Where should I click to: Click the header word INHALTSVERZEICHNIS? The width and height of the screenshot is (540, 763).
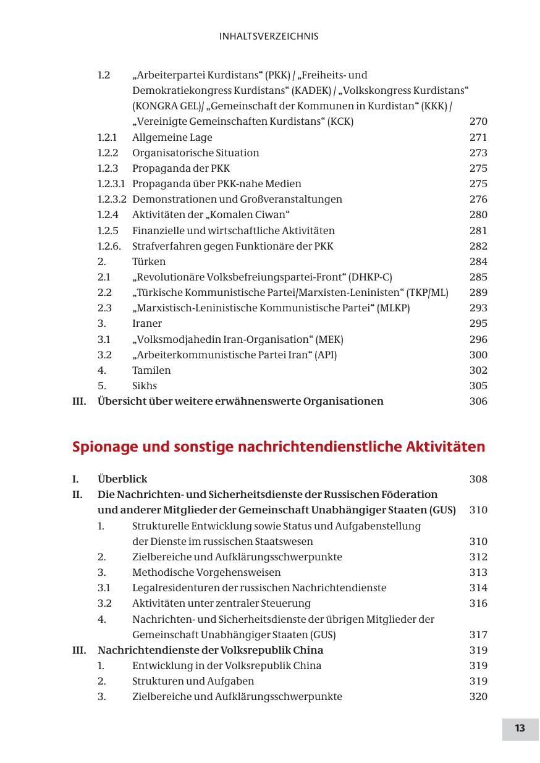(x=269, y=36)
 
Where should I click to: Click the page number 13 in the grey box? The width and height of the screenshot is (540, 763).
(x=520, y=728)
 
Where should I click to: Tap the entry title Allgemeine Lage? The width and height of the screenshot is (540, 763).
(x=172, y=137)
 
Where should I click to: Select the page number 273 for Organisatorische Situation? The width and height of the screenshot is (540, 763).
(x=478, y=153)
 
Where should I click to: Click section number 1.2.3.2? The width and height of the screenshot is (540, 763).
(x=111, y=199)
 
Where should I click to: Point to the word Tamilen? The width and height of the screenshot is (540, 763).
(x=151, y=370)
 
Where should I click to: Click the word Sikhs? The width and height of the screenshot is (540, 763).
(x=145, y=386)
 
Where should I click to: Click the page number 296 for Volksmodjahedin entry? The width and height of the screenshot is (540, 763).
(x=478, y=339)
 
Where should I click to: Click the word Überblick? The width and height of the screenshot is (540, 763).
(x=122, y=479)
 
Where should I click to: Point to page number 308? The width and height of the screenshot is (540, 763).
(x=478, y=479)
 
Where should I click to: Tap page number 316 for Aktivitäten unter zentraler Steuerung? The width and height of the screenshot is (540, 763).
(x=478, y=603)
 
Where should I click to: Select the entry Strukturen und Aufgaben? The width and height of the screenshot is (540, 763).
(x=193, y=681)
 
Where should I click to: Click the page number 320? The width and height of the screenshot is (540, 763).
(x=478, y=696)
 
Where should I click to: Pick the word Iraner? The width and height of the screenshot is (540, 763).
(x=147, y=323)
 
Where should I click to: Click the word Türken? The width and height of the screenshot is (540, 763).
(x=149, y=261)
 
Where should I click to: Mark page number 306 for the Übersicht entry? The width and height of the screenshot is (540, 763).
(x=478, y=401)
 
